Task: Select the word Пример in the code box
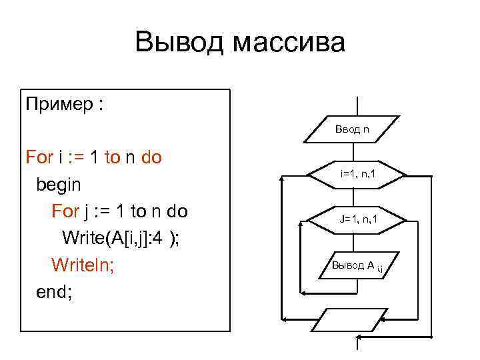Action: click(57, 106)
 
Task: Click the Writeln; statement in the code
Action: click(83, 265)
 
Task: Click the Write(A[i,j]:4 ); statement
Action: click(120, 238)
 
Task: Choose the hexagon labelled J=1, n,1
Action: click(358, 218)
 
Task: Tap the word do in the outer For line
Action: click(152, 158)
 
